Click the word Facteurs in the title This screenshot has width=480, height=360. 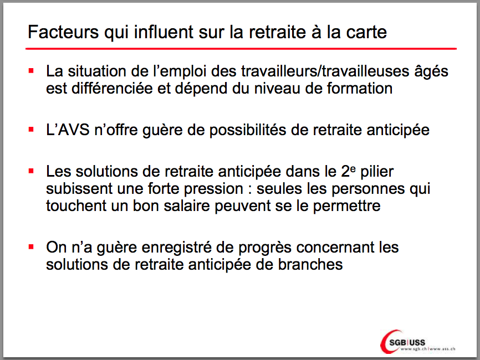coord(63,32)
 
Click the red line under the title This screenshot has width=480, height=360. coord(241,49)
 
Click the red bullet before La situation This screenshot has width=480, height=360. coord(31,71)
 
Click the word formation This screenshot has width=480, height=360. coord(360,89)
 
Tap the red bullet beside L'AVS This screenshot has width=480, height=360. coord(31,130)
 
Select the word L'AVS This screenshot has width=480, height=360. coord(68,130)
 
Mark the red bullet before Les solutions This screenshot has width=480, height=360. coord(31,171)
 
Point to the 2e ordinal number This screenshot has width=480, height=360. coord(349,171)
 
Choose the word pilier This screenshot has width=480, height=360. coord(377,172)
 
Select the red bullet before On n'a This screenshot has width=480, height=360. coord(31,247)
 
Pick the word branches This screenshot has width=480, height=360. coord(310,265)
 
